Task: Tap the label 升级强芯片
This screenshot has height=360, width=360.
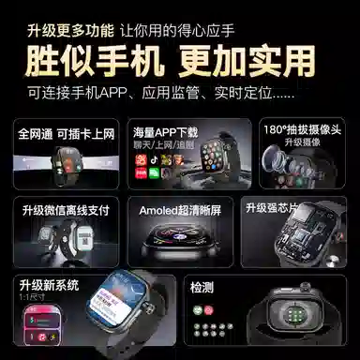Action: pos(273,207)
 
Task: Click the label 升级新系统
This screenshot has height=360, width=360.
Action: pos(50,283)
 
